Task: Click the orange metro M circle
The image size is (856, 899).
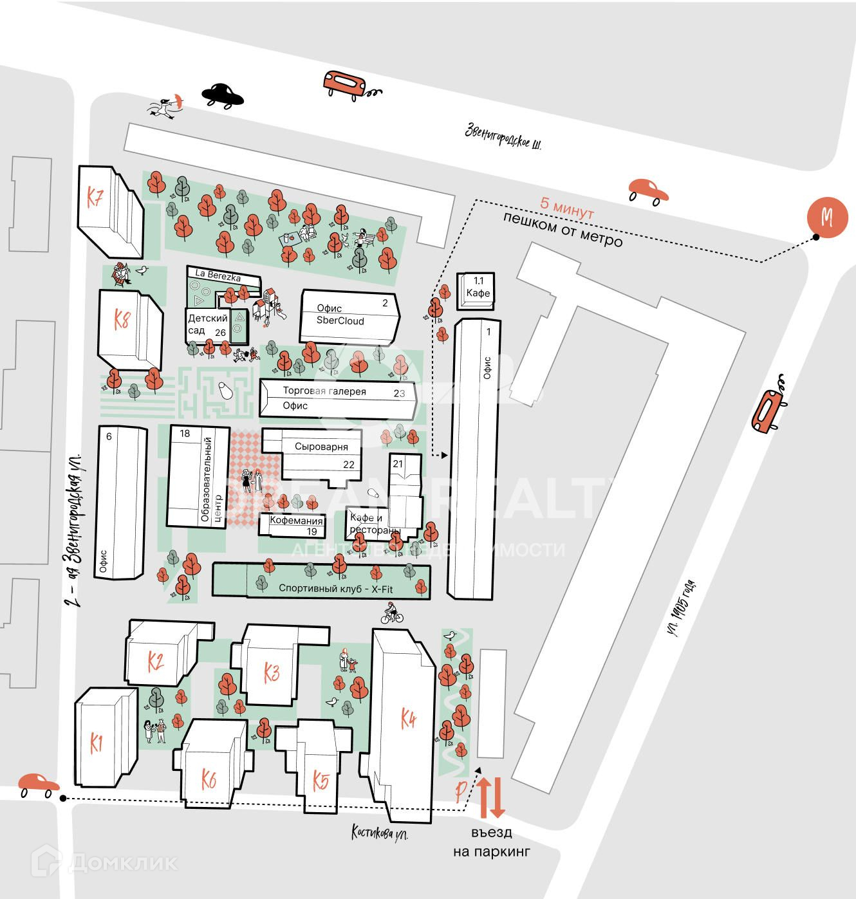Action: click(x=827, y=217)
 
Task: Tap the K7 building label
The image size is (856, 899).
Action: click(x=95, y=198)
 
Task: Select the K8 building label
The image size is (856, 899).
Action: click(x=122, y=319)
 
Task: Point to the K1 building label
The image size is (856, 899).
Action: click(x=97, y=744)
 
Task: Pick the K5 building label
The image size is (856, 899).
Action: click(x=321, y=781)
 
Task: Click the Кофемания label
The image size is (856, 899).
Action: click(x=295, y=521)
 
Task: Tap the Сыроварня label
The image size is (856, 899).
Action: click(x=321, y=447)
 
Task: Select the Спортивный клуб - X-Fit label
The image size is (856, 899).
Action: click(x=335, y=588)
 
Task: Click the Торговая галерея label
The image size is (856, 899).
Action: click(x=324, y=391)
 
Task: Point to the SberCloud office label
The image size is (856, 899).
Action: click(x=340, y=320)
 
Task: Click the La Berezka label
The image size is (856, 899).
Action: click(x=218, y=275)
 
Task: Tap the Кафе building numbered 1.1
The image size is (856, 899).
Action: click(x=478, y=293)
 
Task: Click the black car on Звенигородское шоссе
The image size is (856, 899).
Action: click(x=222, y=95)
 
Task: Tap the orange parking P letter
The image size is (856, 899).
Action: click(x=460, y=791)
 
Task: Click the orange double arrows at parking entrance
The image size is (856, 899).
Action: click(x=492, y=797)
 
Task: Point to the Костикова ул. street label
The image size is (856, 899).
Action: click(x=380, y=832)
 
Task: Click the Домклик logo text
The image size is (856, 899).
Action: click(x=122, y=863)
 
